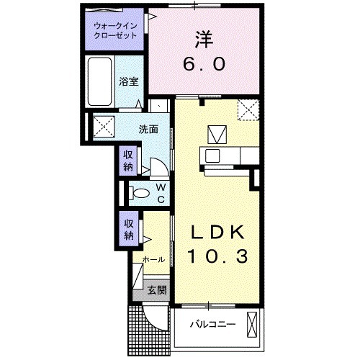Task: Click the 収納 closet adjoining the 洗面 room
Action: tap(128, 160)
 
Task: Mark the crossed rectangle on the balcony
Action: tap(252, 324)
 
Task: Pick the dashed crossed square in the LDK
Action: tap(249, 109)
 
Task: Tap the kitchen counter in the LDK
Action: tap(224, 155)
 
